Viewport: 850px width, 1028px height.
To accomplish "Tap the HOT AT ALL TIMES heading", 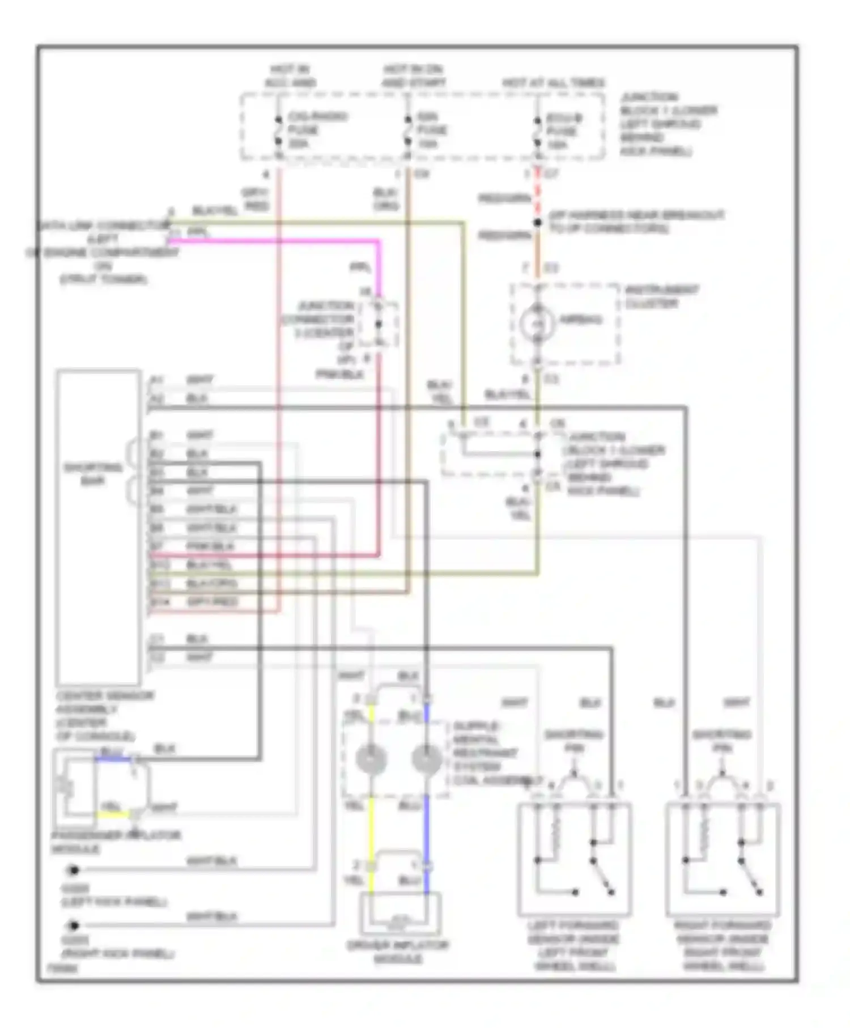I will tap(554, 83).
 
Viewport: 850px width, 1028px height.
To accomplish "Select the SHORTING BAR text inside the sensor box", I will tap(93, 474).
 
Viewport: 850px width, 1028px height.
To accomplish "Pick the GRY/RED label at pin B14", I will tap(212, 602).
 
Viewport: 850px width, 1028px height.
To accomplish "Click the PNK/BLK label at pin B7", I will tap(210, 546).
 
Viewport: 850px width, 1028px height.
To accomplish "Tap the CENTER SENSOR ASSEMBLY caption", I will tap(104, 716).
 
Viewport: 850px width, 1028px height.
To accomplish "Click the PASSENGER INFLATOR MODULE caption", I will tap(116, 842).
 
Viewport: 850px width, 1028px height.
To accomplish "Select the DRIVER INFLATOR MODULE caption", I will tap(398, 951).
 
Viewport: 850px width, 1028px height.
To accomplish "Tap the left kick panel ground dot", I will tap(73, 870).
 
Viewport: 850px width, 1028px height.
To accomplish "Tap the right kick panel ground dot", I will tap(73, 925).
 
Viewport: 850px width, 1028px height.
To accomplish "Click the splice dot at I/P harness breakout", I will tap(538, 223).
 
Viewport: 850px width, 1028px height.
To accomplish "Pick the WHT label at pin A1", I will tap(199, 380).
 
